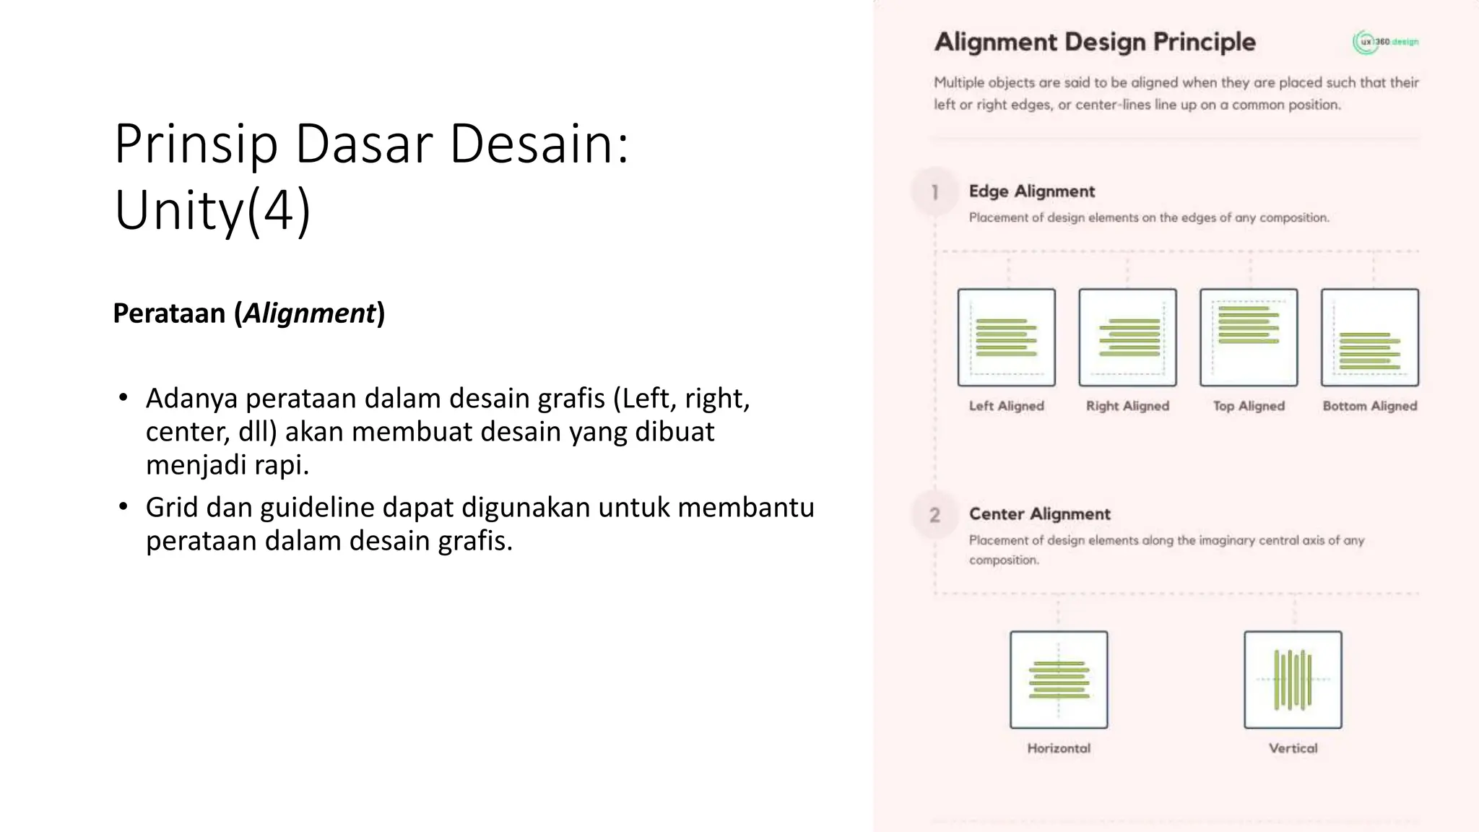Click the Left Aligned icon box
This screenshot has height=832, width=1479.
click(x=1006, y=337)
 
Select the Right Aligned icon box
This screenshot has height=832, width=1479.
click(x=1127, y=337)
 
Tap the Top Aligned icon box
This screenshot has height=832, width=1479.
click(x=1249, y=337)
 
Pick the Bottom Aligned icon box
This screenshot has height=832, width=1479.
click(x=1370, y=337)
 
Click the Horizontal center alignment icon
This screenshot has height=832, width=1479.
click(x=1059, y=680)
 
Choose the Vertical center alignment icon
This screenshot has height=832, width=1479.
click(x=1293, y=680)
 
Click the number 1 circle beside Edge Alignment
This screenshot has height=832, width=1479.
click(x=934, y=192)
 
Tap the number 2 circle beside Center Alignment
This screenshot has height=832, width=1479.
click(x=934, y=515)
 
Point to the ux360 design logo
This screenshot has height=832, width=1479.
click(x=1385, y=42)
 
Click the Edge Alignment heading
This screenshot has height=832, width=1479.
click(x=1031, y=191)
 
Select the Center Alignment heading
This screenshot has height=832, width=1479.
click(x=1039, y=514)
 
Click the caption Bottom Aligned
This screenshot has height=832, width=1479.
click(x=1370, y=406)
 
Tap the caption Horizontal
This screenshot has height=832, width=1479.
click(x=1059, y=748)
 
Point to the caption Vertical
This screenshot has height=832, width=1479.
click(x=1293, y=748)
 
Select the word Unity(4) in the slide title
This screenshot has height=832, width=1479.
click(x=212, y=210)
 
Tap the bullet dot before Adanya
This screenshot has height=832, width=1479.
click(x=123, y=398)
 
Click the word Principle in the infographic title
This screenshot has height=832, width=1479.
click(x=1204, y=42)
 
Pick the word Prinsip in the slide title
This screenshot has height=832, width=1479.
click(x=196, y=144)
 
